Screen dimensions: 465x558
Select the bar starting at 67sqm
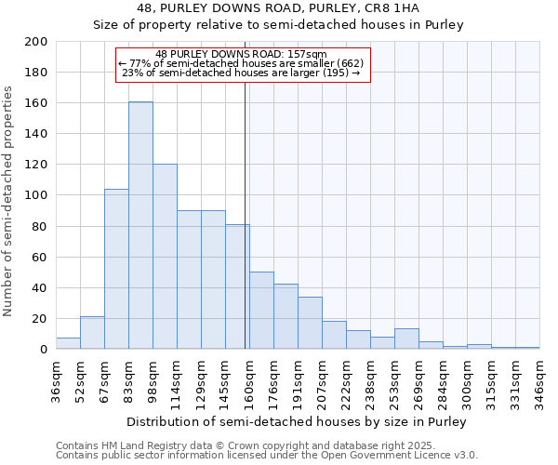116,269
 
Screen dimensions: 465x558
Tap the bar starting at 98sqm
165,257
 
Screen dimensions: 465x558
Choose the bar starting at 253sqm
406,339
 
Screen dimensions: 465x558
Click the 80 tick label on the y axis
40,226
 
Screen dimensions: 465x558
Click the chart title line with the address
278,8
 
